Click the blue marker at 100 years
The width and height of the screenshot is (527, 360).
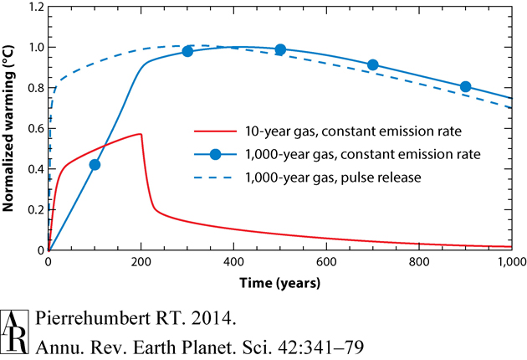click(x=95, y=165)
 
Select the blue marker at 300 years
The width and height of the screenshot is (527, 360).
click(x=187, y=51)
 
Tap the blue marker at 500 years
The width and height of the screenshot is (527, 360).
click(x=280, y=49)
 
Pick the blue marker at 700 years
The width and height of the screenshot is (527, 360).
click(x=373, y=64)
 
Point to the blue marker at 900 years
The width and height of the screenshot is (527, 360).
click(x=466, y=87)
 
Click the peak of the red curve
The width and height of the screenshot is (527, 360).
click(x=141, y=134)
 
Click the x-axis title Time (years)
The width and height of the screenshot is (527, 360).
click(x=280, y=283)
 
